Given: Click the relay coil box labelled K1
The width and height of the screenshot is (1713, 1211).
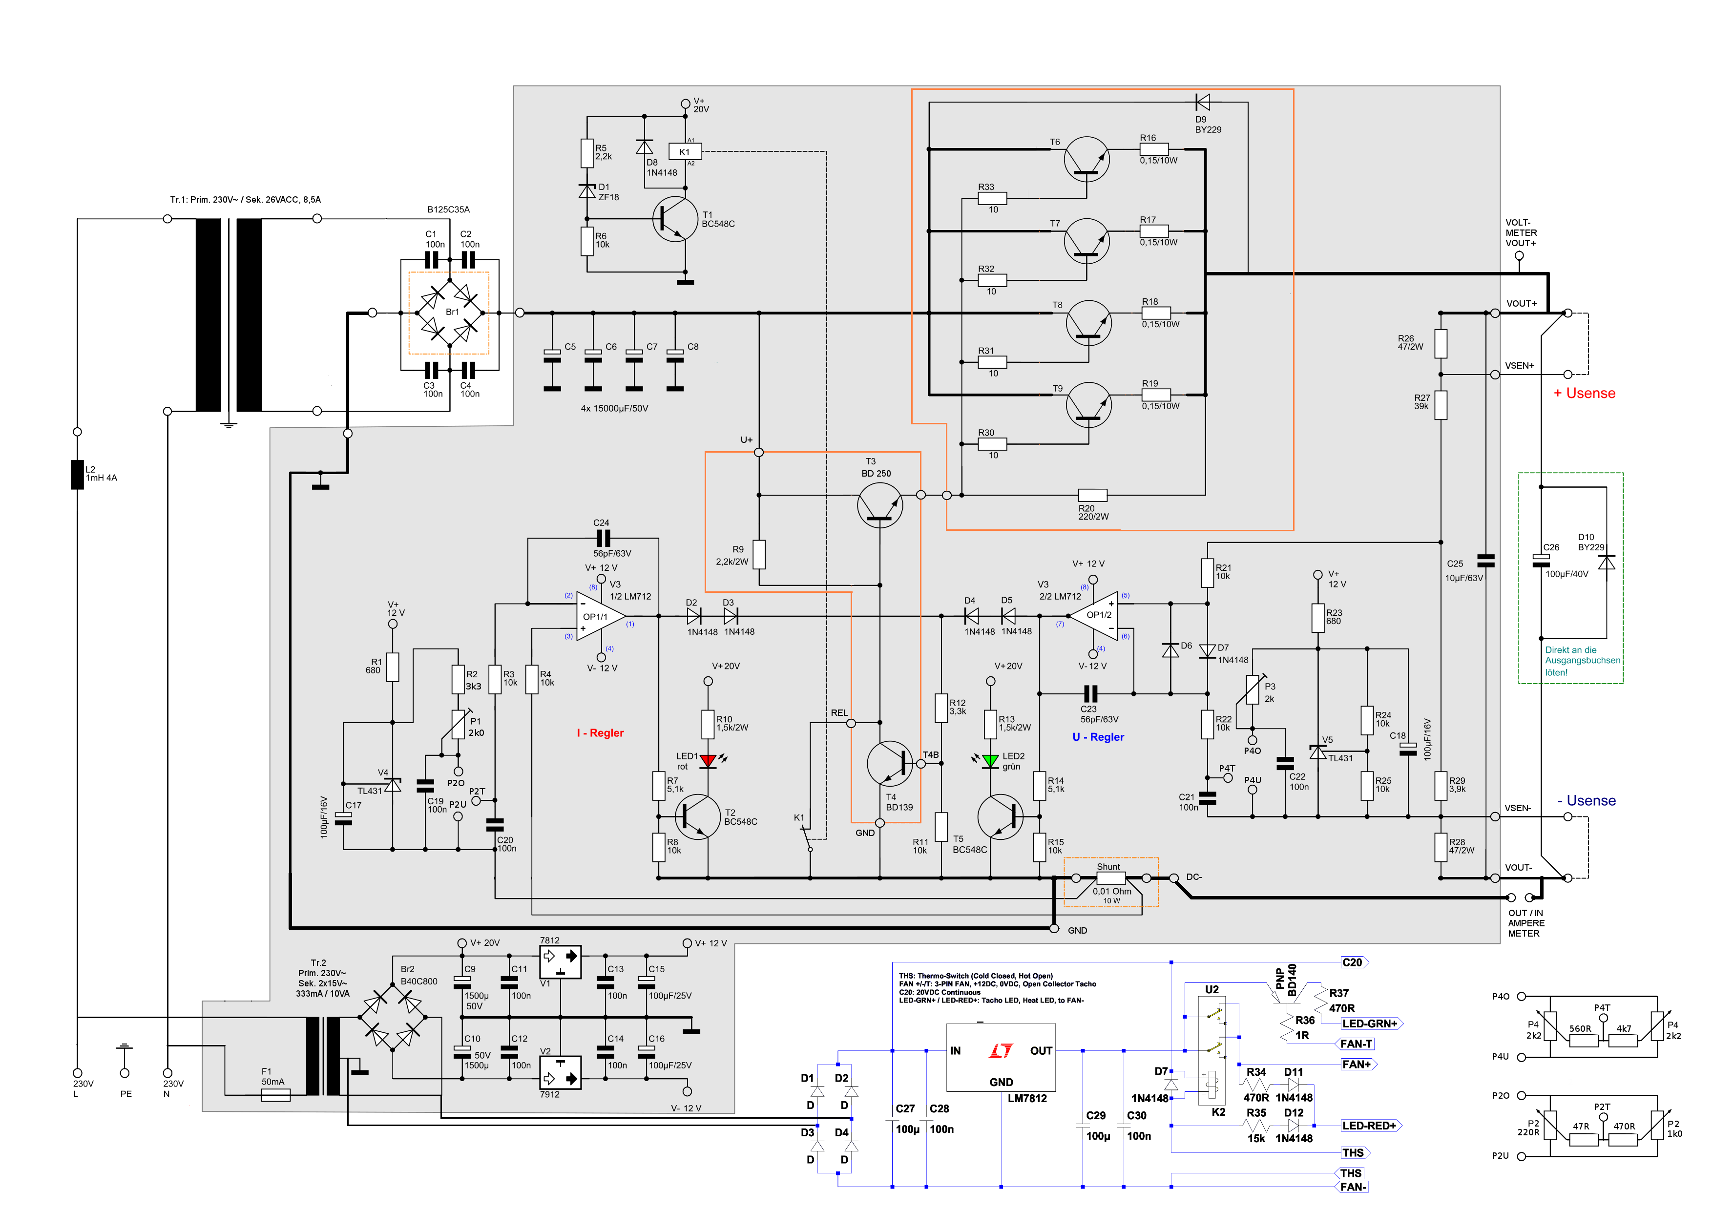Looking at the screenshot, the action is (685, 151).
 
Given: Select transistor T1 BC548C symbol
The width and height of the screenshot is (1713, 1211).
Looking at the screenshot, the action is (674, 219).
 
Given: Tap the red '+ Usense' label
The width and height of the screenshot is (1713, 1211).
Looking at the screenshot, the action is (1585, 393).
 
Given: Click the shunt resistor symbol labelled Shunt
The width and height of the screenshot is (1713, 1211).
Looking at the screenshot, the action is (1111, 878).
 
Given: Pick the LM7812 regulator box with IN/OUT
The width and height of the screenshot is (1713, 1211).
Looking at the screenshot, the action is (1001, 1057).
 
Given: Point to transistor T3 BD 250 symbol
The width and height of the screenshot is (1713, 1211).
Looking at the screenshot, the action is (880, 505).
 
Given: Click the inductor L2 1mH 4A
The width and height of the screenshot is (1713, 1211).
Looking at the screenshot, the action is (77, 475).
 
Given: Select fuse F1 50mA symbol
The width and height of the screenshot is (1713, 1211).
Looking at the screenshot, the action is (275, 1095).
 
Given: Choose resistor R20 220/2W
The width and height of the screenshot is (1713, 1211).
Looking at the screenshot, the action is (1092, 495).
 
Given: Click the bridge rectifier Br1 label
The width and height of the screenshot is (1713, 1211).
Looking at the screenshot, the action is (452, 312).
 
